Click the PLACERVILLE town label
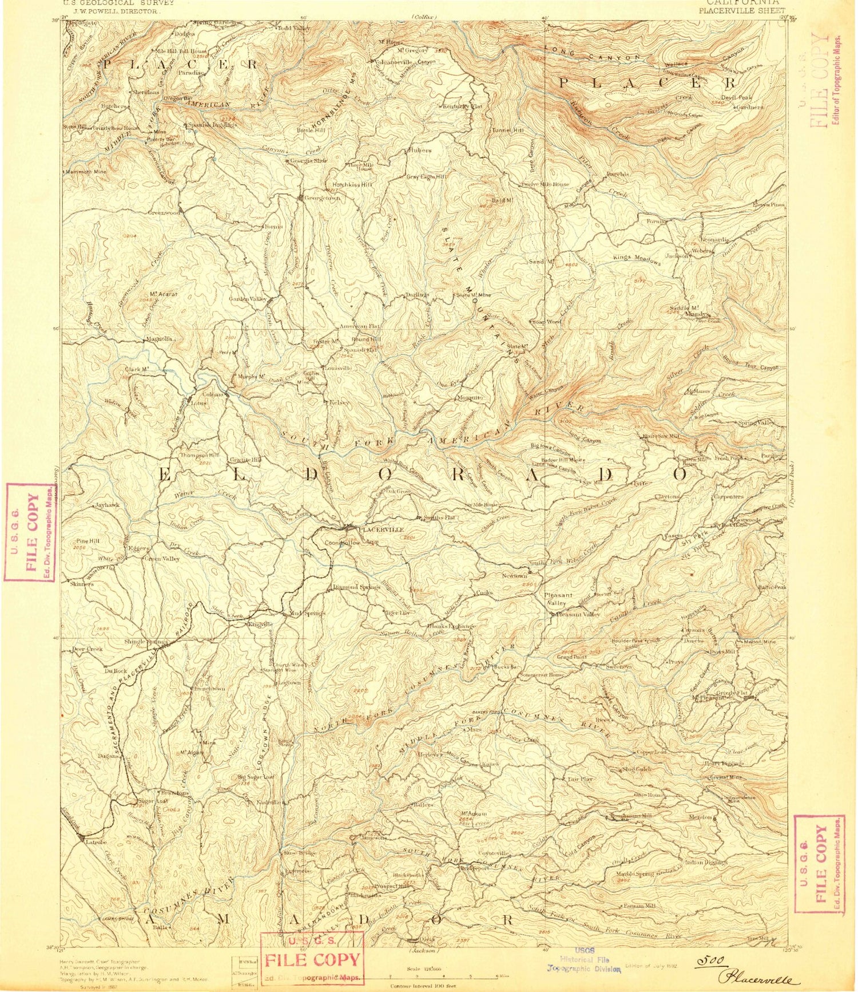point(380,529)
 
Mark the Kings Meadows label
point(637,259)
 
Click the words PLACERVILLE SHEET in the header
point(741,10)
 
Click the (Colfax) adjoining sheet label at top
point(424,17)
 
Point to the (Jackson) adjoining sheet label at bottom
point(424,950)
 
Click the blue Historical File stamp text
point(585,959)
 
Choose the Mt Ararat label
point(164,294)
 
